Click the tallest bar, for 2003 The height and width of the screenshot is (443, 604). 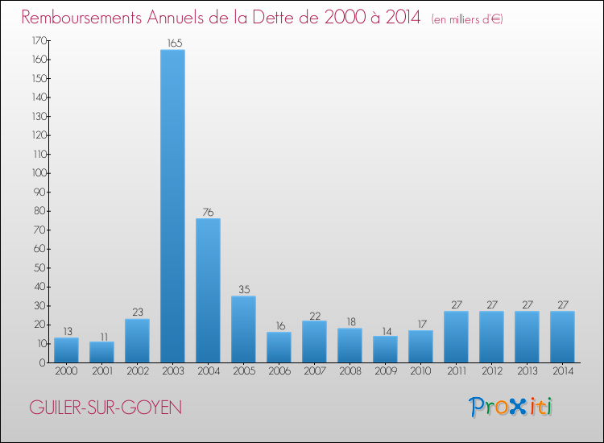172,206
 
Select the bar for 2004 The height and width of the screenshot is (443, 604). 208,291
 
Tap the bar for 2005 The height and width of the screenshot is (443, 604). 243,329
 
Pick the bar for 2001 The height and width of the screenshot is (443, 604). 101,352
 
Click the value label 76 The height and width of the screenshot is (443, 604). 208,213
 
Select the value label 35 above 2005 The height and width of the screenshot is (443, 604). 243,290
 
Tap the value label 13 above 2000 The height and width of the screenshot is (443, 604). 66,332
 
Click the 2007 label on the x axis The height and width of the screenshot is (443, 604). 314,371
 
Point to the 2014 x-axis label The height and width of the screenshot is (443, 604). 562,371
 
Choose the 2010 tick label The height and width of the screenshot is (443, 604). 420,371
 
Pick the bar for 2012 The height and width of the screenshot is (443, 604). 491,337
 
